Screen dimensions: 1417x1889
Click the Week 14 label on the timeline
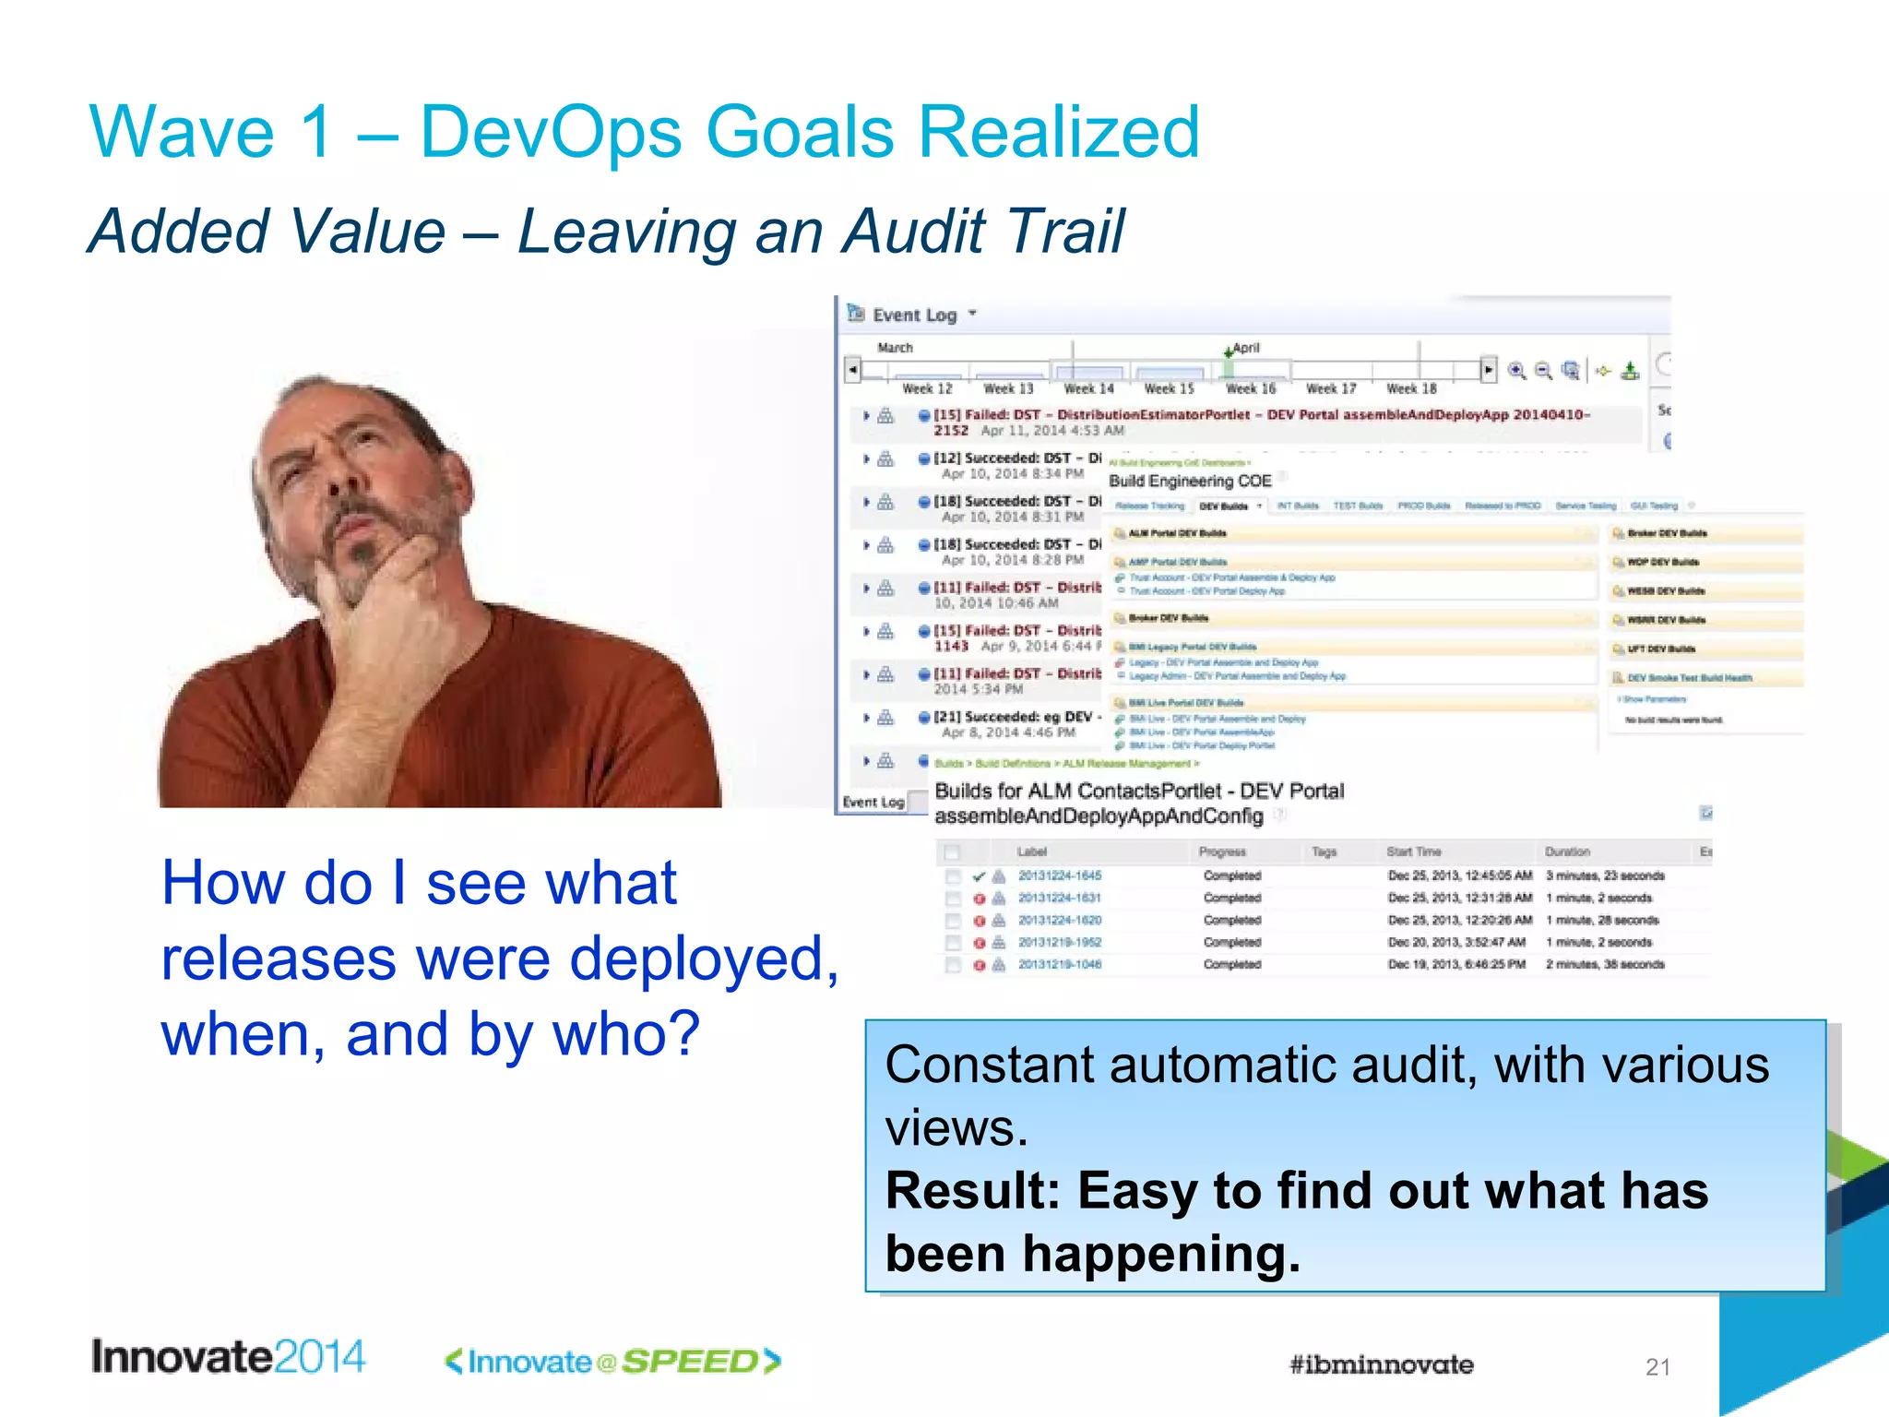pos(1088,389)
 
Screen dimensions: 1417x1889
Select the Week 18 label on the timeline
pos(1411,389)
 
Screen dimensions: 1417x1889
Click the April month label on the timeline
pos(1245,348)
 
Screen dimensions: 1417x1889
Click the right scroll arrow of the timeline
pos(1488,370)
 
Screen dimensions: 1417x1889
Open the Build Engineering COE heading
pos(1190,481)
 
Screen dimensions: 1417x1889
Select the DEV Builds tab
pos(1224,506)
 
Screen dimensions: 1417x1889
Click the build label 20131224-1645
pos(1060,875)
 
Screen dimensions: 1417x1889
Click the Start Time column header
pos(1413,851)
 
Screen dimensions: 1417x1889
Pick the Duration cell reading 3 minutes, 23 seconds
pos(1605,875)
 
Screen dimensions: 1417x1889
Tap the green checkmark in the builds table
pos(979,875)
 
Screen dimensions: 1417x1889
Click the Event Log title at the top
pos(914,316)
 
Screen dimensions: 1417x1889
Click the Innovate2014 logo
pos(229,1357)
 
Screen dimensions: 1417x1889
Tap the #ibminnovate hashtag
pos(1381,1364)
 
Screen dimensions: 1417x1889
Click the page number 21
pos(1657,1367)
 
